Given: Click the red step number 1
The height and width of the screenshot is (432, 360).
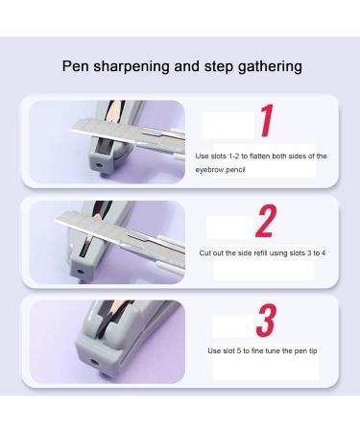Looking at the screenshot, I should tap(269, 124).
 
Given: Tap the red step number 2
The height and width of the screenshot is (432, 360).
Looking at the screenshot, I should tap(266, 222).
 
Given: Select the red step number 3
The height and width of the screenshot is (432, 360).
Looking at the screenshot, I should tap(268, 319).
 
